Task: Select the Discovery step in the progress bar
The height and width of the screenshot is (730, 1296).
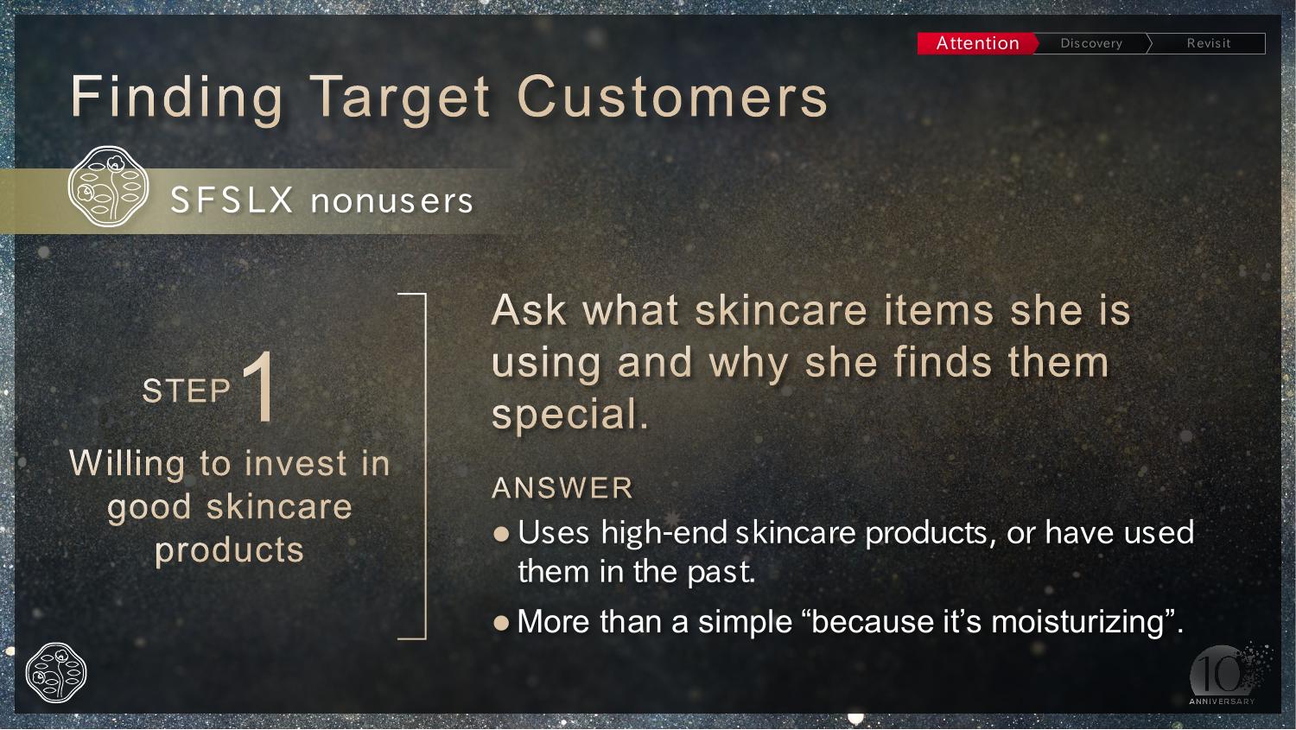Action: [1091, 43]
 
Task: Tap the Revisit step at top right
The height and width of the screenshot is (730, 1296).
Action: [1208, 43]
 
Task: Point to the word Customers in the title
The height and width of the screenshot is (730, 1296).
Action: [673, 97]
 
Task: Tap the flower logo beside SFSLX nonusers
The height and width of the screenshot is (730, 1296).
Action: [108, 187]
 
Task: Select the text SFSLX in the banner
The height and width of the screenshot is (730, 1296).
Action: [232, 200]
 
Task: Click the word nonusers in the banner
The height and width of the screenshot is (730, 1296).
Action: [392, 201]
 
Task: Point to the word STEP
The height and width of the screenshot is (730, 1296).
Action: [187, 390]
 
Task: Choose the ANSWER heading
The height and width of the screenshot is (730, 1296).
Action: [562, 487]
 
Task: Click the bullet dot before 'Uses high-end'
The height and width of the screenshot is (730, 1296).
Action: [501, 533]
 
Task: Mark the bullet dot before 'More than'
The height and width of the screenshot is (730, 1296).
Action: [501, 623]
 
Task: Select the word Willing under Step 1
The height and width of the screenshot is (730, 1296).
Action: [127, 464]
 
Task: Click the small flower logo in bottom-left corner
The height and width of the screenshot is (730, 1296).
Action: [56, 673]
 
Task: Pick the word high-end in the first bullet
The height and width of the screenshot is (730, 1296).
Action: [664, 532]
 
